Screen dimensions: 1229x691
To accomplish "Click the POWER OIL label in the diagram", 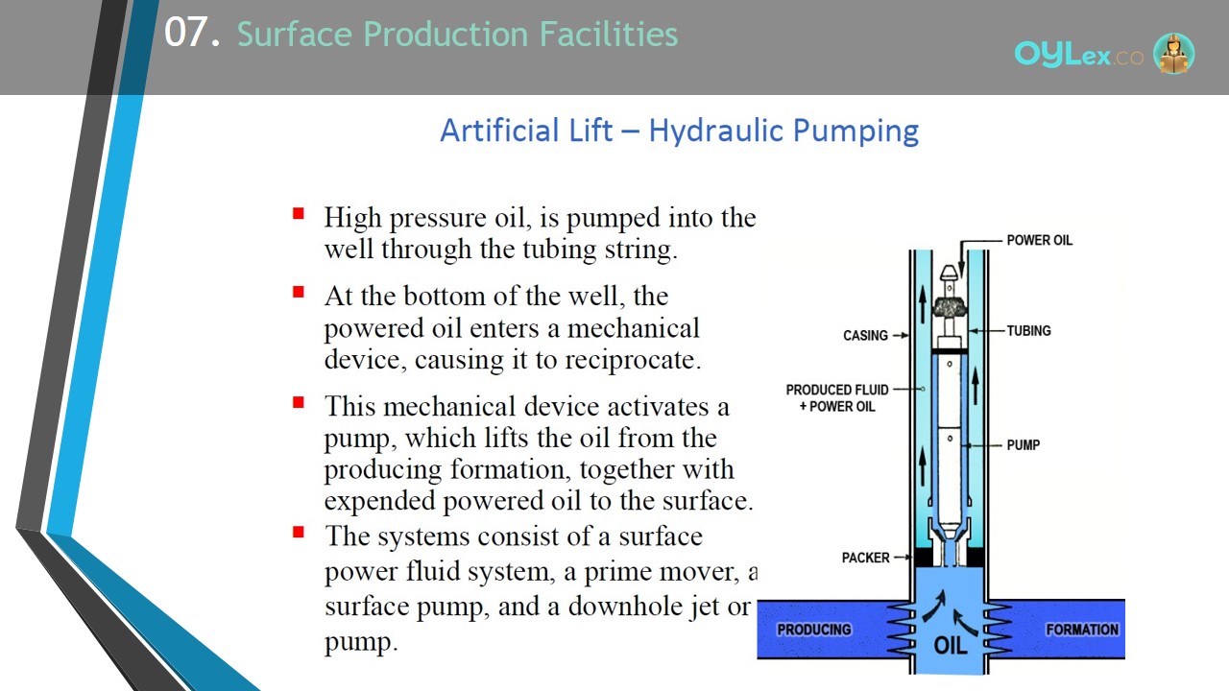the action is [1039, 240].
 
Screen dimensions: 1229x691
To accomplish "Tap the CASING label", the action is [865, 335].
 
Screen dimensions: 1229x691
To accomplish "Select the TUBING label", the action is [1028, 331].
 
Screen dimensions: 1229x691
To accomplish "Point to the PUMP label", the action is [1024, 444].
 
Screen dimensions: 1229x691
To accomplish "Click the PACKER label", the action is [865, 558].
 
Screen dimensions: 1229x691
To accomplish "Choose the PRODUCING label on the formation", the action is [814, 630].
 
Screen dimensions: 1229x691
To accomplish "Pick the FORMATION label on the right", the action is [1082, 630].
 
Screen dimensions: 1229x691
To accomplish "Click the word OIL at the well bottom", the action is [951, 646].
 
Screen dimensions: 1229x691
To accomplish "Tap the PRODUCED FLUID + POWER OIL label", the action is [836, 398].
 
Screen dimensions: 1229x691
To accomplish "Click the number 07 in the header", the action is [187, 33].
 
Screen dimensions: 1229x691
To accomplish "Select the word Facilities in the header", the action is [609, 34].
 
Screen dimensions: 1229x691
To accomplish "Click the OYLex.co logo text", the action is [1078, 55].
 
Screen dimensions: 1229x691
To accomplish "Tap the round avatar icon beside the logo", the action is [1173, 53].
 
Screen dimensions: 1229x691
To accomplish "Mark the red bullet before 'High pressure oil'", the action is [299, 213].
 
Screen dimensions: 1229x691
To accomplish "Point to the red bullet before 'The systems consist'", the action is [299, 532].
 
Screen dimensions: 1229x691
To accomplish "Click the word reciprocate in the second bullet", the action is [633, 360].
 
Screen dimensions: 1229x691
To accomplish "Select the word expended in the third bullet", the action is [379, 501].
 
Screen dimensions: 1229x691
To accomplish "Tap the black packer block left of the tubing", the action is [924, 558].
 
